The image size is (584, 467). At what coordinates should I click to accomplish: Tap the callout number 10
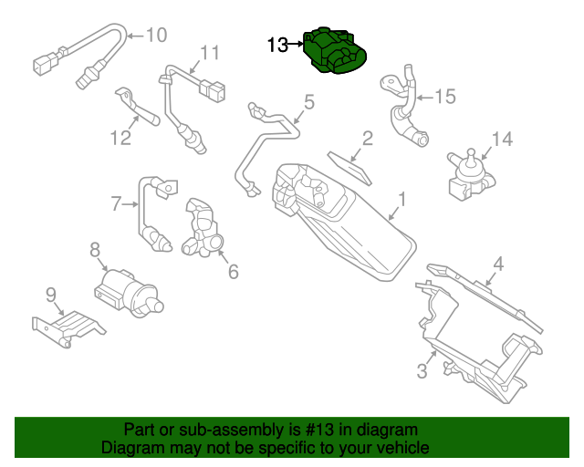coord(156,36)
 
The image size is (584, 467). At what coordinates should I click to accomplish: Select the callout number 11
coord(210,52)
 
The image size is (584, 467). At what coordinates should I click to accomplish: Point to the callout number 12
coord(120,138)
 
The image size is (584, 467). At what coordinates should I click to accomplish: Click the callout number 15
coord(444,96)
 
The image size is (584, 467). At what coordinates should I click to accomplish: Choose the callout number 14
coord(503,140)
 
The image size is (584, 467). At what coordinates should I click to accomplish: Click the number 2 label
coord(367,139)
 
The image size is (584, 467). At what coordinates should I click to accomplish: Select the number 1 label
coord(401,198)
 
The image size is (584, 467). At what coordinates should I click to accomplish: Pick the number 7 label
coord(116,203)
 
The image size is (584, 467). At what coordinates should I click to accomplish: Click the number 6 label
coord(233,271)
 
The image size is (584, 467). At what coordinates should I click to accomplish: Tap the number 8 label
coord(94,248)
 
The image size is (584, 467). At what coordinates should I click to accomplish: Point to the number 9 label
coord(51,294)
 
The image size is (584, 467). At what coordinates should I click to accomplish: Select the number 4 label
coord(497,265)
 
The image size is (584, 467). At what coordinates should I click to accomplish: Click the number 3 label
coord(422,371)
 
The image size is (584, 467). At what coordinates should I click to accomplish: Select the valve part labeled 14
coord(469,173)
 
